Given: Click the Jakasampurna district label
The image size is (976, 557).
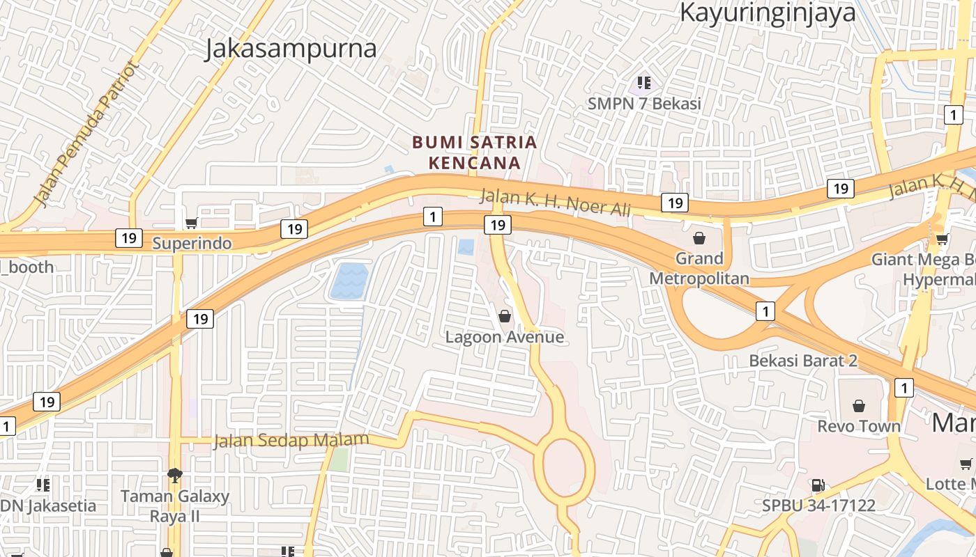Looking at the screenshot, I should pyautogui.click(x=291, y=49).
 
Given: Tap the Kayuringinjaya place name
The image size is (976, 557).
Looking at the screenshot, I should pyautogui.click(x=768, y=13).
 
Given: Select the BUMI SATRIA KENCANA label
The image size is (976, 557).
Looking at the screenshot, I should pyautogui.click(x=475, y=152).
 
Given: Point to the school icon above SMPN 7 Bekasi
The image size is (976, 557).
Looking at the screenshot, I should pyautogui.click(x=643, y=84).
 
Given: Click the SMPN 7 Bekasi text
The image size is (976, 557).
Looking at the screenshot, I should pyautogui.click(x=643, y=104).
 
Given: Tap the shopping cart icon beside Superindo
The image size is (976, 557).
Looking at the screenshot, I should pyautogui.click(x=191, y=223).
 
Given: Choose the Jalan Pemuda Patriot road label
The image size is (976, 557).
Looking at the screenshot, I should pyautogui.click(x=86, y=134).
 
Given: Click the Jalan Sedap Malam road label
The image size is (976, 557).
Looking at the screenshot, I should pyautogui.click(x=291, y=441).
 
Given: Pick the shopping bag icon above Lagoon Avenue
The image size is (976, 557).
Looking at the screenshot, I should pyautogui.click(x=505, y=316).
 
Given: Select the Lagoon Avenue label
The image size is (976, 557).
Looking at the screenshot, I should pyautogui.click(x=505, y=338).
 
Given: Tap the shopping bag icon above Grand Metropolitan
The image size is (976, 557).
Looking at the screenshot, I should pyautogui.click(x=699, y=238).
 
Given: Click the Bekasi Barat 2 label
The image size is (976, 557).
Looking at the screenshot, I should pyautogui.click(x=803, y=361).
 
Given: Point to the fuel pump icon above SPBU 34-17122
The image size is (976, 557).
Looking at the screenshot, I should pyautogui.click(x=818, y=485).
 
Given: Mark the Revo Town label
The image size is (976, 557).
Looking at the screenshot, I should pyautogui.click(x=859, y=426).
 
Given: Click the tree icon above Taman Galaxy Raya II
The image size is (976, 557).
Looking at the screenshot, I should pyautogui.click(x=174, y=476).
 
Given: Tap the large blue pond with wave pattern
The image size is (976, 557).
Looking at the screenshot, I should pyautogui.click(x=349, y=281).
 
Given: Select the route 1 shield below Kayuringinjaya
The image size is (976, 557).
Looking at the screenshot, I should pyautogui.click(x=953, y=115).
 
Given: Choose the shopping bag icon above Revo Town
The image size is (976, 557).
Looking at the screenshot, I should pyautogui.click(x=859, y=405).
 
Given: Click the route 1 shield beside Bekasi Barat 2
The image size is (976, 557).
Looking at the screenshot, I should pyautogui.click(x=765, y=311).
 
